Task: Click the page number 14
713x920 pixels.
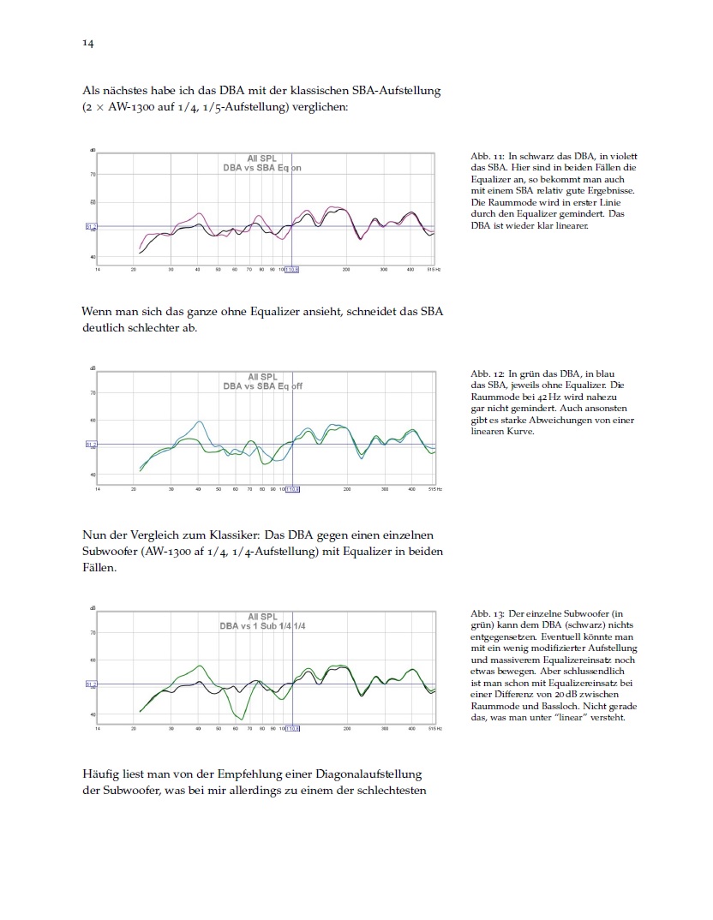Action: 87,43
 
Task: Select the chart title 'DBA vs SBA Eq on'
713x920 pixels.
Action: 262,168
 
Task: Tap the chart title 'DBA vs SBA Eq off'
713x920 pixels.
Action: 262,386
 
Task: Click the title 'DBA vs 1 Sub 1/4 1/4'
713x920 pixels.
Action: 262,626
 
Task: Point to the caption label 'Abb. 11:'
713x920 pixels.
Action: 487,156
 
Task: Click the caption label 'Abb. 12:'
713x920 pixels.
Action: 487,374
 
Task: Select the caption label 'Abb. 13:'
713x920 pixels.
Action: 487,614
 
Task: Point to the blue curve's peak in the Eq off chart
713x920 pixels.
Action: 200,421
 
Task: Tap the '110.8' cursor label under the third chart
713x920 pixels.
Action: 291,729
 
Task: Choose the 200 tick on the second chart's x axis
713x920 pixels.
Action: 347,489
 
